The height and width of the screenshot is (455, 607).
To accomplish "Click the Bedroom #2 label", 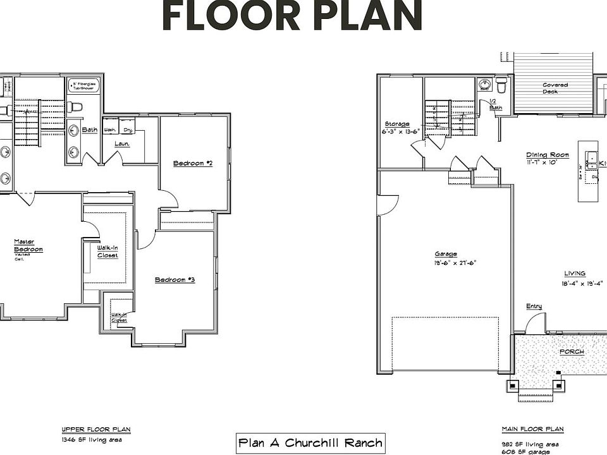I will pyautogui.click(x=192, y=163).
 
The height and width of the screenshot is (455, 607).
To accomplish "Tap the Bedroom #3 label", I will pyautogui.click(x=175, y=279).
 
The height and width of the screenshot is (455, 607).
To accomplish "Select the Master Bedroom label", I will pyautogui.click(x=28, y=245).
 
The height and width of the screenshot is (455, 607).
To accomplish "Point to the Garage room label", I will pyautogui.click(x=446, y=254).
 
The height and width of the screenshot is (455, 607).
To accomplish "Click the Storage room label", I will pyautogui.click(x=397, y=124).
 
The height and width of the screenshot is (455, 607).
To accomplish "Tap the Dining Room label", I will pyautogui.click(x=548, y=155).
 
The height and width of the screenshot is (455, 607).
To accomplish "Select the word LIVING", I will pyautogui.click(x=575, y=274).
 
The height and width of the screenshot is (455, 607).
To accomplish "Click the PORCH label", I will pyautogui.click(x=572, y=352).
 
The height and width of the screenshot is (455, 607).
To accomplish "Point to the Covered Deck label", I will pyautogui.click(x=555, y=88).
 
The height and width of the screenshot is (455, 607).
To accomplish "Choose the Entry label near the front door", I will pyautogui.click(x=534, y=306).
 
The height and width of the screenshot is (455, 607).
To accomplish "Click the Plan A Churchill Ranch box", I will pyautogui.click(x=310, y=442).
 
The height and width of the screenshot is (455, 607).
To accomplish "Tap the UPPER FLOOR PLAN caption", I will pyautogui.click(x=95, y=429).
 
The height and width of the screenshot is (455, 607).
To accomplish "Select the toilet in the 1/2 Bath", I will pyautogui.click(x=501, y=85).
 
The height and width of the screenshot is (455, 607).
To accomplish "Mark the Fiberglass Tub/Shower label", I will pyautogui.click(x=83, y=85).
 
